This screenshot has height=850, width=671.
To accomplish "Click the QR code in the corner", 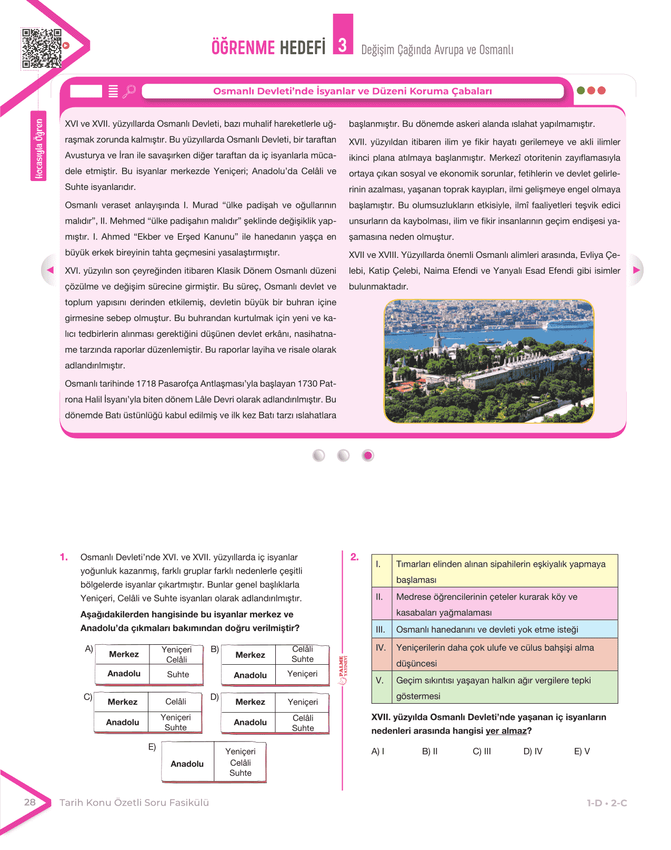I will tap(41, 48).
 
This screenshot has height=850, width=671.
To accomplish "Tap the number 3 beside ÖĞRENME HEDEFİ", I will tap(343, 45).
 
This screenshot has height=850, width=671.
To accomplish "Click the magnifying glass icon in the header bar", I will tap(129, 91).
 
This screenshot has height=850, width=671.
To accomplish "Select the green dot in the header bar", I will tap(581, 91).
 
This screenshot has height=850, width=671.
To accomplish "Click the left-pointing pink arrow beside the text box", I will tap(50, 270).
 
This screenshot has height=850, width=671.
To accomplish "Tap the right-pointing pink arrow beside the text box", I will tap(636, 270).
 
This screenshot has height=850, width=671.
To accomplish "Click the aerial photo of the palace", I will tap(488, 361).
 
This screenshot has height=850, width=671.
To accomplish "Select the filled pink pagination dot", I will tap(368, 455).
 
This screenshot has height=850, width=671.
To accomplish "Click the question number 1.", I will tap(64, 557).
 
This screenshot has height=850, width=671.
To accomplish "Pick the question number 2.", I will tap(355, 557).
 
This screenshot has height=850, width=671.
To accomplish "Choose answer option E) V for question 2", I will tap(582, 751).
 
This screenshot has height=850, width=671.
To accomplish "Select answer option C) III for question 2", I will tap(482, 751).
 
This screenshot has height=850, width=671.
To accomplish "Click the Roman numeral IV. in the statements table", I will tap(381, 647).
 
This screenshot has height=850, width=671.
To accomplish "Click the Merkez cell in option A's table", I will tap(124, 654).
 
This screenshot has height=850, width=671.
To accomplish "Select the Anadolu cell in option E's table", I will tap(187, 764).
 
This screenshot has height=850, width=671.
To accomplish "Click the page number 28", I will tap(30, 802).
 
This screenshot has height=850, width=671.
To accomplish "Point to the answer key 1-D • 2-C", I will tap(607, 803).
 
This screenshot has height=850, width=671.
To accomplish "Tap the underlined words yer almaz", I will tap(506, 731).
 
